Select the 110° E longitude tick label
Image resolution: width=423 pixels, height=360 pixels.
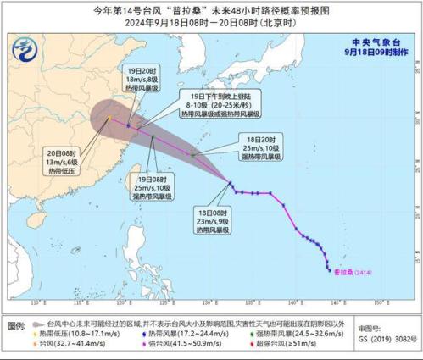tap(37, 302)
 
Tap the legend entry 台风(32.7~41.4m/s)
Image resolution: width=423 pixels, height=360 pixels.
tap(71, 346)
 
